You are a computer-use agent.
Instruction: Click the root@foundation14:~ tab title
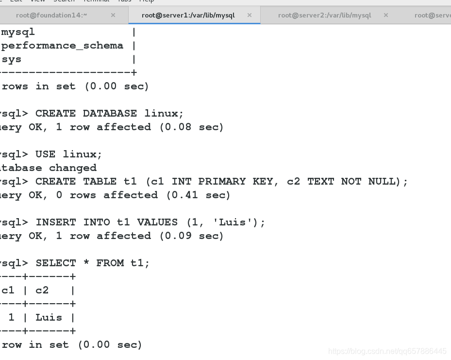coord(51,15)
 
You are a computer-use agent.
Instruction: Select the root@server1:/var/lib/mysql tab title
coord(188,15)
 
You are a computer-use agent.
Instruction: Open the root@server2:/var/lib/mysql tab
coord(324,15)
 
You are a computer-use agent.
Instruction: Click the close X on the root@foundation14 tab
coord(113,15)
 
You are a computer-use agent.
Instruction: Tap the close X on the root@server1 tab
coord(250,15)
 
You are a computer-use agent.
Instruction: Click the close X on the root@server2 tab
coord(386,15)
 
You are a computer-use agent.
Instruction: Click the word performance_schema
coord(63,46)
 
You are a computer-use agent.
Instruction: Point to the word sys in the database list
coord(12,59)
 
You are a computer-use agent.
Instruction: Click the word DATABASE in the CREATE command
coord(110,114)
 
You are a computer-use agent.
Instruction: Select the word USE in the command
coord(46,154)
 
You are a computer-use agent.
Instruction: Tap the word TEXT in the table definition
coord(320,182)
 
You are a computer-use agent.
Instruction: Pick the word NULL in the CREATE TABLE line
coord(382,182)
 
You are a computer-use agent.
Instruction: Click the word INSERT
coord(56,223)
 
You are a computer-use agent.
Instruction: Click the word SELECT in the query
coord(56,263)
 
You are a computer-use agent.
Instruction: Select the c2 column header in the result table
coord(42,291)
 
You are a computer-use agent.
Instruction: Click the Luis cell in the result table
coord(49,318)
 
